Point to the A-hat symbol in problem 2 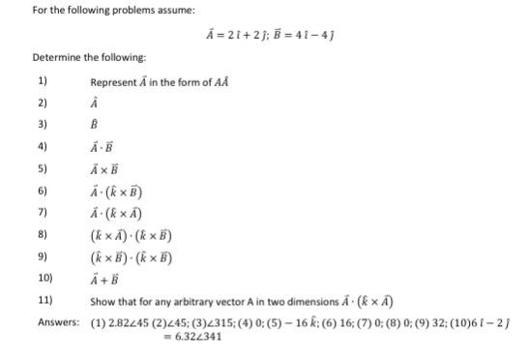95,104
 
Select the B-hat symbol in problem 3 95,125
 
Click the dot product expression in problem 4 103,147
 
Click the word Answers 57,323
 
